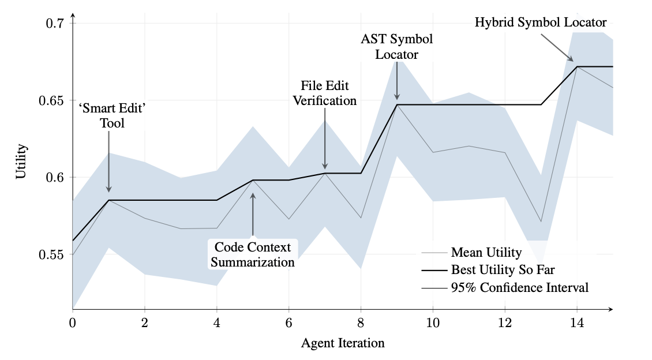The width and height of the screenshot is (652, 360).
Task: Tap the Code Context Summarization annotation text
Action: [x=253, y=254]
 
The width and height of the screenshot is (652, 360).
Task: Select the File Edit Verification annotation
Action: [x=324, y=93]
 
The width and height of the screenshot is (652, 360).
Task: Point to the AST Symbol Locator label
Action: [x=396, y=47]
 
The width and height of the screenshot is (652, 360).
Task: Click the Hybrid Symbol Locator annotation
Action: [x=541, y=22]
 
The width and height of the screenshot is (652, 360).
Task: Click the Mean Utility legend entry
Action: [x=486, y=252]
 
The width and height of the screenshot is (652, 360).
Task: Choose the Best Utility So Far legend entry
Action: [x=503, y=269]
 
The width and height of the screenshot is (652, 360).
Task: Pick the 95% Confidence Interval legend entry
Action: [x=519, y=287]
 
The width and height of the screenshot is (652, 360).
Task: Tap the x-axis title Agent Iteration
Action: [x=343, y=343]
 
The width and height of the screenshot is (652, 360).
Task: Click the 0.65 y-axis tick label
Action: [x=51, y=100]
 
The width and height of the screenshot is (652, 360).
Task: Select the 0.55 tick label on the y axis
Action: [x=51, y=254]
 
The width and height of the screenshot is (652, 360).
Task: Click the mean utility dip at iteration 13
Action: [x=541, y=222]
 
